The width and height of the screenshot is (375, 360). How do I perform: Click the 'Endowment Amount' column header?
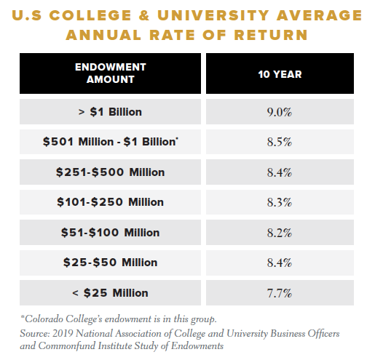click(x=111, y=73)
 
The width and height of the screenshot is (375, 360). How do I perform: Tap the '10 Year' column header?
click(x=280, y=74)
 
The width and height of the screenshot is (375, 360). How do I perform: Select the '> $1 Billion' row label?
click(x=110, y=112)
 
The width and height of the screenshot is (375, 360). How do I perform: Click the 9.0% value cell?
click(x=280, y=112)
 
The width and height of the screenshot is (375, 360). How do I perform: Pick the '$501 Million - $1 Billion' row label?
click(x=111, y=142)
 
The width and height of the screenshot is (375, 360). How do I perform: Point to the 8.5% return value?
click(x=280, y=142)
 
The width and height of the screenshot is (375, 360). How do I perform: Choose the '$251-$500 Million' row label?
click(x=111, y=172)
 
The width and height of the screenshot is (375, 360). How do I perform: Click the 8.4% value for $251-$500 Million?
click(x=280, y=172)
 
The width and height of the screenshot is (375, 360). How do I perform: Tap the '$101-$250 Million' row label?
click(x=111, y=202)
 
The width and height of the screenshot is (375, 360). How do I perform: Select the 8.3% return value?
click(x=280, y=202)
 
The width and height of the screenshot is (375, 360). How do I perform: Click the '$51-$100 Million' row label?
click(x=111, y=232)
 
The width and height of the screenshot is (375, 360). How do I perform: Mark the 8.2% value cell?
click(x=280, y=233)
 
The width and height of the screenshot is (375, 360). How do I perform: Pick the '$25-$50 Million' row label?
click(x=111, y=263)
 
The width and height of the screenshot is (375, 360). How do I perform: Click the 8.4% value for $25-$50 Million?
click(x=280, y=263)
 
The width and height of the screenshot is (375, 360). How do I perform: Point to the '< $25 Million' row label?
click(x=110, y=292)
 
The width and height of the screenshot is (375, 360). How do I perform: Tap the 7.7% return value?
click(x=280, y=293)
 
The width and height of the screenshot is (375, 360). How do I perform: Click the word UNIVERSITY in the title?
click(x=213, y=15)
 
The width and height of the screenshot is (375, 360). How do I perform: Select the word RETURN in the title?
click(x=271, y=35)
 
